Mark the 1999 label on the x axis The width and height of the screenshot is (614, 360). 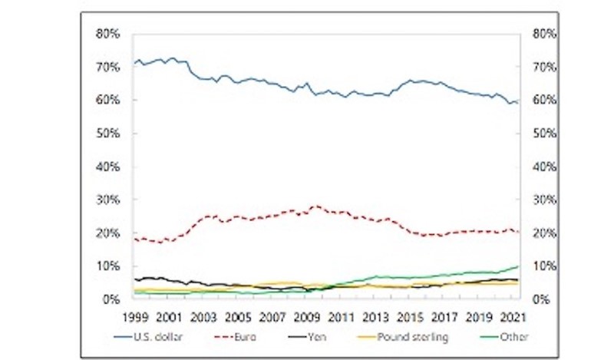(135, 315)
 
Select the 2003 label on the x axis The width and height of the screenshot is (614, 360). (203, 315)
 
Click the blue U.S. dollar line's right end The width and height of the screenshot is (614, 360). (519, 101)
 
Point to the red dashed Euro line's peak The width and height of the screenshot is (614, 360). (315, 206)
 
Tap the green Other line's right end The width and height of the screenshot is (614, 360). (519, 266)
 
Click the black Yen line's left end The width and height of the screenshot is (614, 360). (134, 279)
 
